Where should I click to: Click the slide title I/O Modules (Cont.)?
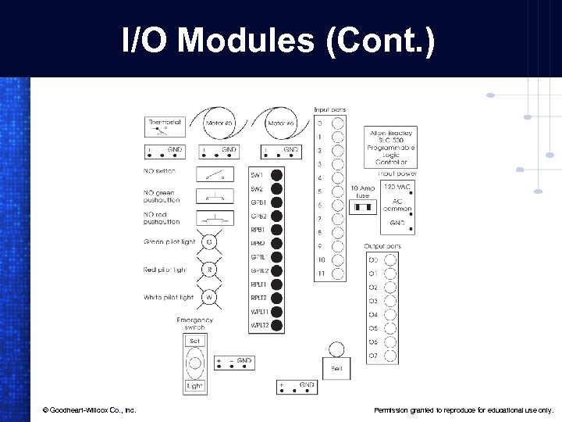pyautogui.click(x=279, y=40)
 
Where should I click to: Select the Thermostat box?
pyautogui.click(x=165, y=127)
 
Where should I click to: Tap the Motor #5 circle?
pyautogui.click(x=218, y=124)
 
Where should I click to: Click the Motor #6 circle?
pyautogui.click(x=280, y=124)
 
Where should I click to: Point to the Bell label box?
pyautogui.click(x=336, y=367)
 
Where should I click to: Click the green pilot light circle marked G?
pyautogui.click(x=209, y=241)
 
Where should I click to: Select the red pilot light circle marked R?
pyautogui.click(x=209, y=270)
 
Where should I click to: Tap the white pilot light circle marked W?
pyautogui.click(x=209, y=298)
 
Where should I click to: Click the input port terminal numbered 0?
pyautogui.click(x=336, y=123)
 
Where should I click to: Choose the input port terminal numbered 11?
pyautogui.click(x=336, y=274)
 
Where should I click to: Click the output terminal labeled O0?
pyautogui.click(x=390, y=259)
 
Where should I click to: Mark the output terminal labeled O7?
pyautogui.click(x=390, y=356)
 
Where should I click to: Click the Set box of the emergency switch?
pyautogui.click(x=195, y=341)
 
